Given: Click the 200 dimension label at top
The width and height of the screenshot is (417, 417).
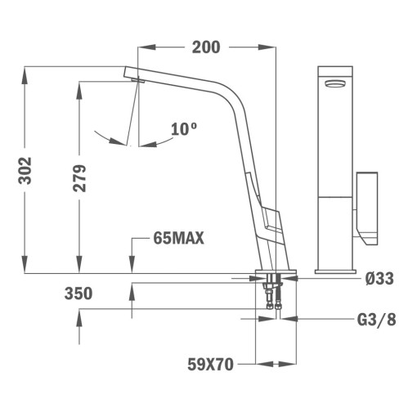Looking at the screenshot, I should pyautogui.click(x=206, y=47).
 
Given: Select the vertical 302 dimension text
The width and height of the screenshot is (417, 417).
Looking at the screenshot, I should pyautogui.click(x=25, y=169).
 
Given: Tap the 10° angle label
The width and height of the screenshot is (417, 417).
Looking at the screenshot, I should pyautogui.click(x=184, y=128).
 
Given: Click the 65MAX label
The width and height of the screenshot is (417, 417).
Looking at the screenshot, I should pyautogui.click(x=177, y=239).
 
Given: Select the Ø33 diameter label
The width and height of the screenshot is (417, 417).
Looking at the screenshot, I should pyautogui.click(x=379, y=279).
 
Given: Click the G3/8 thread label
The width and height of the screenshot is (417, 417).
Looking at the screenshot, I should pyautogui.click(x=377, y=320).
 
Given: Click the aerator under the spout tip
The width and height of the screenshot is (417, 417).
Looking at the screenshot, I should pyautogui.click(x=137, y=80).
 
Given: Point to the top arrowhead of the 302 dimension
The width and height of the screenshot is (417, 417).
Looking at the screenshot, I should pyautogui.click(x=26, y=72).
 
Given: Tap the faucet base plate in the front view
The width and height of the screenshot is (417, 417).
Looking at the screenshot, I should pyautogui.click(x=335, y=270).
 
